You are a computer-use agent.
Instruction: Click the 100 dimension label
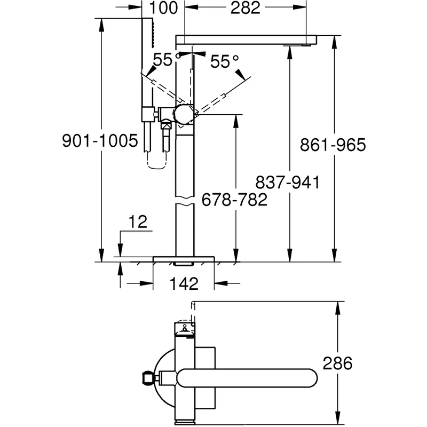163,8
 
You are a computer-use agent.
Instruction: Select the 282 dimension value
245,8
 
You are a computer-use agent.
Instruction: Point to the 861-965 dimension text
333,145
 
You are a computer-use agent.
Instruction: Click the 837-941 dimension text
287,183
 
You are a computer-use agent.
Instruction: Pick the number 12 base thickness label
137,222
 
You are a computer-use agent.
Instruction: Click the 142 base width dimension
184,283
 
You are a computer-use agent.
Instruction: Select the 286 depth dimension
337,363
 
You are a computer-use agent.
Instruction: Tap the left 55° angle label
163,60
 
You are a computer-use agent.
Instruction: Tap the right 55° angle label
224,61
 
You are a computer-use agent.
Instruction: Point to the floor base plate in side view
184,259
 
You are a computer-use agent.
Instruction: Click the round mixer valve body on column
185,113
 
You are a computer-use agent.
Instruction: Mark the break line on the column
185,203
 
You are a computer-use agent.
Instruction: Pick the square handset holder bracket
146,114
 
